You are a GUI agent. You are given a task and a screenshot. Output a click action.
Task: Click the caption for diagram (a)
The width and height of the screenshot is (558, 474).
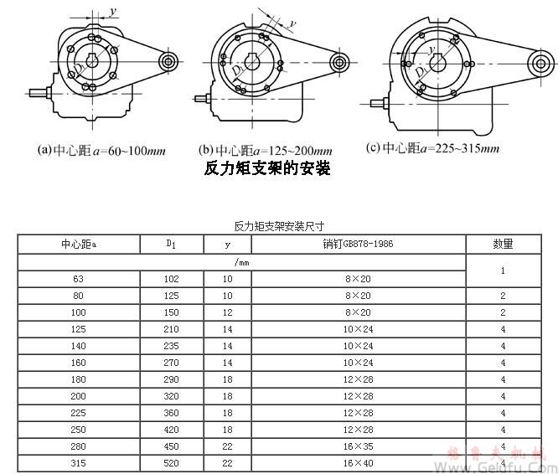102,151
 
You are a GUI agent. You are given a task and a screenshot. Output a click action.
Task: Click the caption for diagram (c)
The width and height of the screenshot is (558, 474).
433,148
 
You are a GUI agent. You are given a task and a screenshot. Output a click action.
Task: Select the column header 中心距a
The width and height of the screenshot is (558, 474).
78,244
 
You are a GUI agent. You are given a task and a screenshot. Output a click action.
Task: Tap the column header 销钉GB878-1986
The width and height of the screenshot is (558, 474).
358,244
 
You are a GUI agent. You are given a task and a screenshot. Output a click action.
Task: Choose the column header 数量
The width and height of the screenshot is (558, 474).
503,244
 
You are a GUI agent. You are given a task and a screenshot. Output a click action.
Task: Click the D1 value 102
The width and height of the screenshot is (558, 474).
171,280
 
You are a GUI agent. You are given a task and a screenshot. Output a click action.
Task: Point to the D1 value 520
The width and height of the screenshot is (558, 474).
171,463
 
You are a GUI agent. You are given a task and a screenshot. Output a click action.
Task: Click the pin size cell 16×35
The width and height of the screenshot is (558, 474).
358,446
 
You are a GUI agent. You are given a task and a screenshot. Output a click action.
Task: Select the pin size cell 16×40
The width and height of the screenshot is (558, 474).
358,463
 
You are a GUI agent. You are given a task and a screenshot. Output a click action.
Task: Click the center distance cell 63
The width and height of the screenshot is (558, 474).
78,280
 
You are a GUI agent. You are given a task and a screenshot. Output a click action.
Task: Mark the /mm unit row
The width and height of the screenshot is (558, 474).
242,262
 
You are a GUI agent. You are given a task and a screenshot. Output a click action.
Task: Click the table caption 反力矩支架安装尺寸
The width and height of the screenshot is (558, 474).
279,226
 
